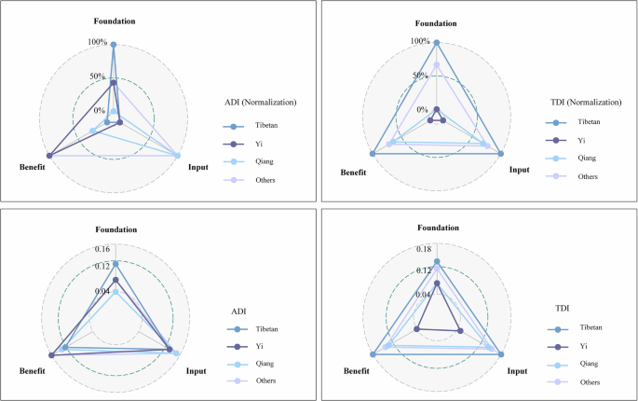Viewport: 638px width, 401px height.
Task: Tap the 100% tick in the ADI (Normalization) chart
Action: click(x=98, y=42)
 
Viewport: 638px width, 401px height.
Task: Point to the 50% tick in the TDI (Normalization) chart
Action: click(x=419, y=76)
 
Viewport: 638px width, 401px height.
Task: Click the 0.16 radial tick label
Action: click(x=102, y=249)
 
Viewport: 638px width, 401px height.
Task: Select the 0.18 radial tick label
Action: click(x=423, y=249)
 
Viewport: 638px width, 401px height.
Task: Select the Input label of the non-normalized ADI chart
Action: click(x=197, y=371)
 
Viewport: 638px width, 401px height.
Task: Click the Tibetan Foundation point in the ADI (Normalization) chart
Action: click(x=114, y=45)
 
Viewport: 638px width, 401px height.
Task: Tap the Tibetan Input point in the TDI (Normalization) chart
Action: click(x=500, y=154)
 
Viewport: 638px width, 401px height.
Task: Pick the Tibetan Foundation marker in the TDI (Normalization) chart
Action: click(x=436, y=42)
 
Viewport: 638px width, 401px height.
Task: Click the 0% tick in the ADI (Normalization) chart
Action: click(x=100, y=110)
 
